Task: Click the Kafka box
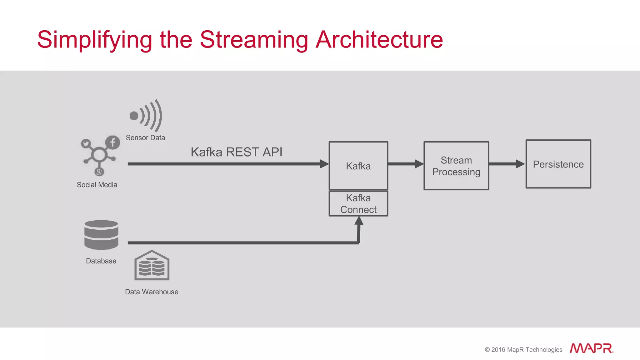pos(358,166)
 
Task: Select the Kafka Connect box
pos(358,203)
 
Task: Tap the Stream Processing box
pos(456,166)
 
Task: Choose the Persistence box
pos(558,164)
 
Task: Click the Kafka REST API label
pos(236,152)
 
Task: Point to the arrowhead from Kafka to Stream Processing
pos(419,164)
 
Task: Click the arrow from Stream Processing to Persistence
pos(506,164)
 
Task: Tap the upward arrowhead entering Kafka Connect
pos(359,221)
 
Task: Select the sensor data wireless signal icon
pos(146,116)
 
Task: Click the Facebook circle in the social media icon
pos(112,142)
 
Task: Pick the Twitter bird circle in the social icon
pos(86,144)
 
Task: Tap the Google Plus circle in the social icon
pos(99,172)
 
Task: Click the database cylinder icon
pos(101,235)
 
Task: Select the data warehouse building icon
pos(152,266)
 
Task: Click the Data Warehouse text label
pos(152,292)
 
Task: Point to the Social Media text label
pos(97,185)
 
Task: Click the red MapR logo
pos(591,348)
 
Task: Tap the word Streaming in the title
pos(254,40)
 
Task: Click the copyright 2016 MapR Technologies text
pos(523,350)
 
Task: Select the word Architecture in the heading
pos(379,40)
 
